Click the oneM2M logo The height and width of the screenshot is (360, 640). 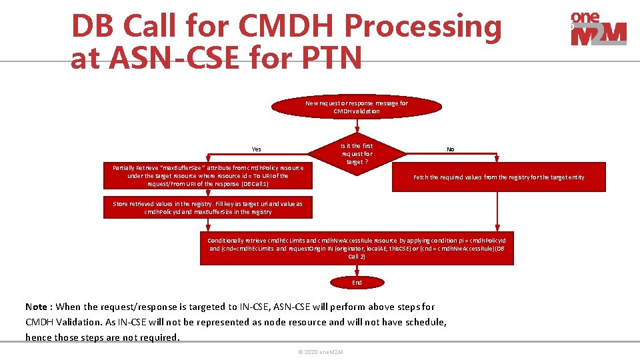(598, 29)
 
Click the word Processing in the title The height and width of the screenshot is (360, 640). (423, 27)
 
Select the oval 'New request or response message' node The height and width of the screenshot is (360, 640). (357, 107)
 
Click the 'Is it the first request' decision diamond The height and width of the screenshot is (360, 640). (357, 154)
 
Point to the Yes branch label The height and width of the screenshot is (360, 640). (257, 149)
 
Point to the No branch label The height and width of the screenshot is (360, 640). (451, 149)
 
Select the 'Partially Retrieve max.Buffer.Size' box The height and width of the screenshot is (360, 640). (208, 175)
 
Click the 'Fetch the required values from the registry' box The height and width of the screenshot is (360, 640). (499, 177)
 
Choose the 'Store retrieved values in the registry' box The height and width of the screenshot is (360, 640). (208, 208)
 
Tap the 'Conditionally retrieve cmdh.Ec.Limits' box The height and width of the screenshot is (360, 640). (357, 248)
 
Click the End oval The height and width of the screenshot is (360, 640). (357, 283)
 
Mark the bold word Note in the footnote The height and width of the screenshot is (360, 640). (37, 307)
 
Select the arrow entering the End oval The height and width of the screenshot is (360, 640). (357, 271)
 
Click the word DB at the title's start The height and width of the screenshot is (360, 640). (93, 27)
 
